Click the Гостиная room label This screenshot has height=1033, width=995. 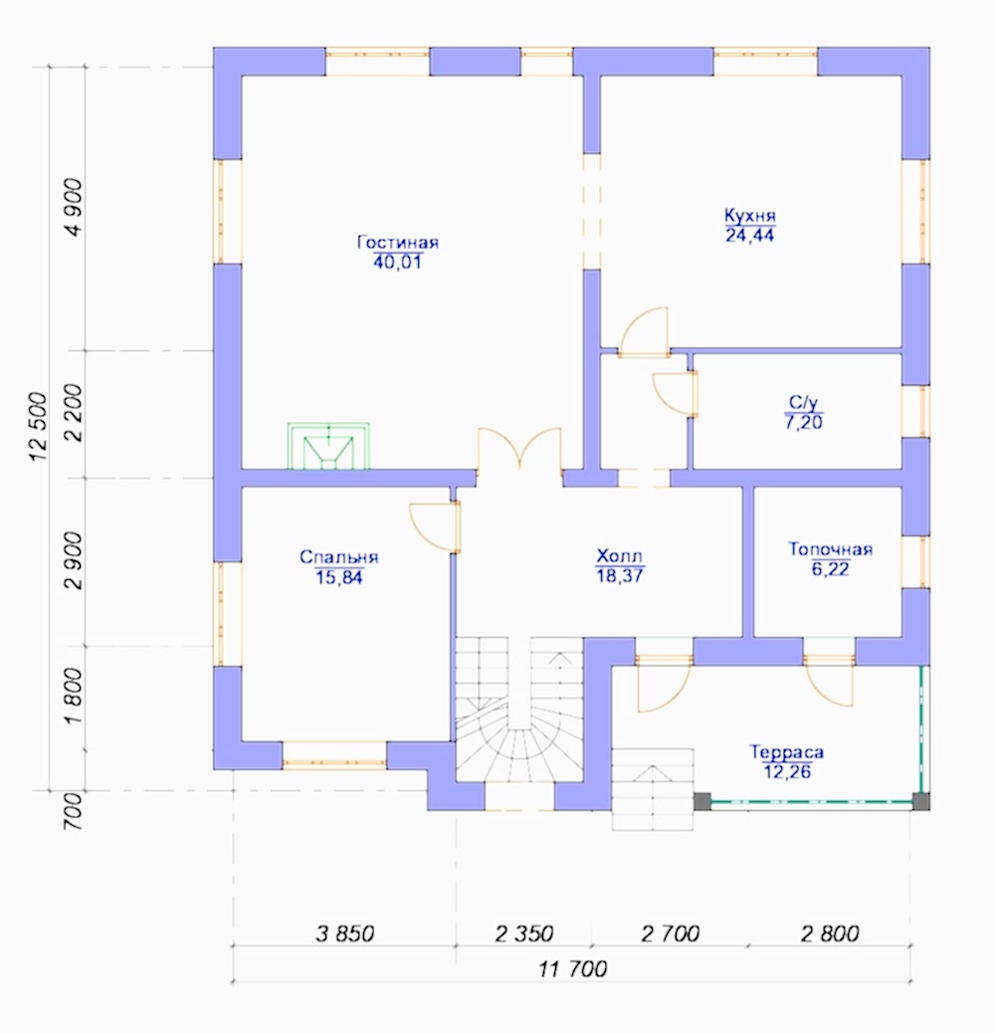coord(398,242)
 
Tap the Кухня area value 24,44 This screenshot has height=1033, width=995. coord(750,235)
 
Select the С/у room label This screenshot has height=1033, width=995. coord(803,402)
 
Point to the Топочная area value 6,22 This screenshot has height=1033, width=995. coord(831,568)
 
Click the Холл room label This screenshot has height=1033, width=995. coord(619,555)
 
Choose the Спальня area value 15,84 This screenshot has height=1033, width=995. coord(339,577)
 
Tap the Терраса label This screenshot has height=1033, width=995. coord(787,751)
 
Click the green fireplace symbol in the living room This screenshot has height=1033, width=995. coord(328,446)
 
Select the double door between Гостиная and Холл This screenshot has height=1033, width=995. coord(519,449)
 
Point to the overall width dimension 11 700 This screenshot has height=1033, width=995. coord(573,969)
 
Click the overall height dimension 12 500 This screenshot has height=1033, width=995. coord(38,426)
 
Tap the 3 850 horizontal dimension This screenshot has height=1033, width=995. coord(345,933)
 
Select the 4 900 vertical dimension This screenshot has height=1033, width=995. coord(74,207)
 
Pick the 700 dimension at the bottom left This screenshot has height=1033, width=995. coord(74,811)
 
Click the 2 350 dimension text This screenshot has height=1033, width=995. coord(524,933)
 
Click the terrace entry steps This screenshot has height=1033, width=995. coord(653,789)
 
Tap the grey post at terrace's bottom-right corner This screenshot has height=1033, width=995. coord(920,801)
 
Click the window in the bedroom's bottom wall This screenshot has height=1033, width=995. coord(334,755)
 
